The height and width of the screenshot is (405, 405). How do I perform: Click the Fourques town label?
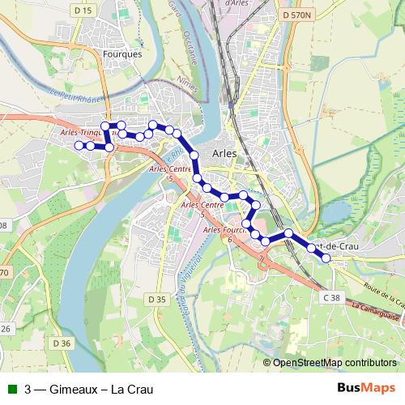(x=123, y=54)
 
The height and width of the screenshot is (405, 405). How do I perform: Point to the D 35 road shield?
(x=157, y=300)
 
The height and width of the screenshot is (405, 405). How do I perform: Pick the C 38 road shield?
(x=331, y=299)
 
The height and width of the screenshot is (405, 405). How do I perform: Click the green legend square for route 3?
(x=11, y=389)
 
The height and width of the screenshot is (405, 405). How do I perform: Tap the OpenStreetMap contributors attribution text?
(x=335, y=362)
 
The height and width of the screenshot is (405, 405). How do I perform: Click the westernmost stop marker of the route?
(x=79, y=145)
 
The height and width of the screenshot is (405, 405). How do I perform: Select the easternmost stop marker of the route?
(x=326, y=258)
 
